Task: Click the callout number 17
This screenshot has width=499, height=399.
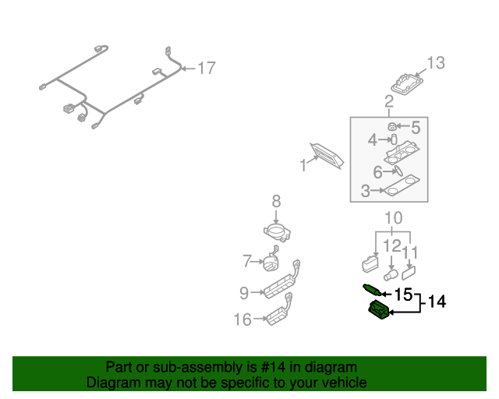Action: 205,69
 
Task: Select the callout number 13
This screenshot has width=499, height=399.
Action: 436,63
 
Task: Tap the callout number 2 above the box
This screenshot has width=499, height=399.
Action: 388,101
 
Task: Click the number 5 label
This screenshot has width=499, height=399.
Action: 416,127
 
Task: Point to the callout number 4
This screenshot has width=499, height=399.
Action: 373,140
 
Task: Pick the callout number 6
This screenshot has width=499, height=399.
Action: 377,173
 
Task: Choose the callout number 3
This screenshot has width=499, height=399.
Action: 365,190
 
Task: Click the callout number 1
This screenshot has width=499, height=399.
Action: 303,165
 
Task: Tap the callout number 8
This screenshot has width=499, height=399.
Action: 276,202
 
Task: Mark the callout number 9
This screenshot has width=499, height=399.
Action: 244,293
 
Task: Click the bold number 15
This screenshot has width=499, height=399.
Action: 402,295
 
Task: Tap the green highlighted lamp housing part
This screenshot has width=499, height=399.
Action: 378,312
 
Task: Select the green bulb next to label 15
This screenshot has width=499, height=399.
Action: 372,291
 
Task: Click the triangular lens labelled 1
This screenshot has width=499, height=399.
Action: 328,157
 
